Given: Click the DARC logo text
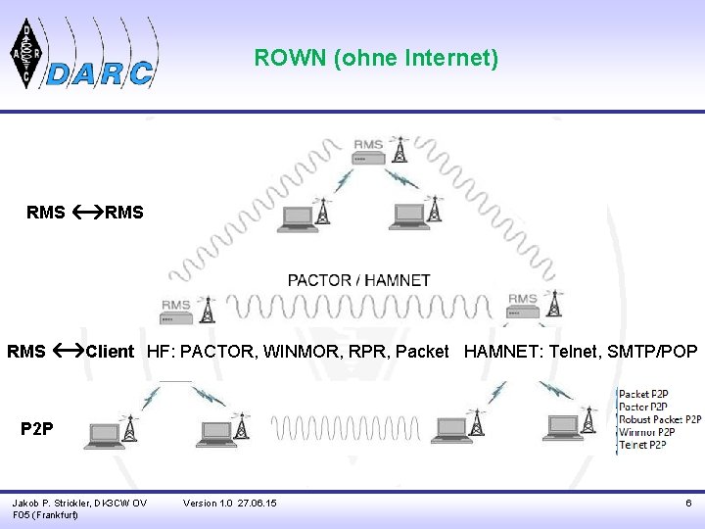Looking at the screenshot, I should [100, 72].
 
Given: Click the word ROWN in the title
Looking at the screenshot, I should [291, 59].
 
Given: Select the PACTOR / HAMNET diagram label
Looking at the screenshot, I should [358, 280].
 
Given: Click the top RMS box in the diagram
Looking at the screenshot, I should [368, 147].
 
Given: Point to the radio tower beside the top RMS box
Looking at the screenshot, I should [399, 148].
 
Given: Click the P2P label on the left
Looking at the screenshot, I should [37, 428].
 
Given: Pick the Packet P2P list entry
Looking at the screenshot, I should [643, 395].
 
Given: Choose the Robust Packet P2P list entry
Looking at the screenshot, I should [659, 419].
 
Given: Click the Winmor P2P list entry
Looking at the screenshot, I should [645, 432].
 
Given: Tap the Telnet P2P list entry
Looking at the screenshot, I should [642, 445].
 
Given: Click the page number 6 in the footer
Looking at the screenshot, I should [688, 503].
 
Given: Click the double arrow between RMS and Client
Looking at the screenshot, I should [67, 351].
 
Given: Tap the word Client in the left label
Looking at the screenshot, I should [110, 352].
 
